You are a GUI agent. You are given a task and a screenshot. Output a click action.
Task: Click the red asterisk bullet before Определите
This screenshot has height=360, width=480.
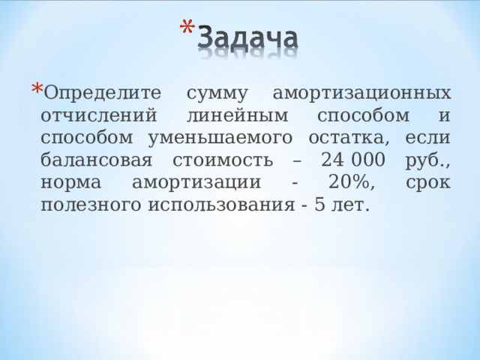[35, 88]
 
